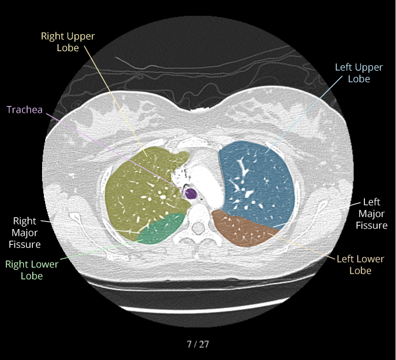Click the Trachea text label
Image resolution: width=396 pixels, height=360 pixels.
tap(25, 110)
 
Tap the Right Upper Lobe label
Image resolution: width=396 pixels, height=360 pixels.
tap(68, 41)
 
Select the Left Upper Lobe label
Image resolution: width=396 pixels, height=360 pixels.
tap(359, 72)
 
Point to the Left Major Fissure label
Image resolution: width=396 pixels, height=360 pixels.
tap(372, 213)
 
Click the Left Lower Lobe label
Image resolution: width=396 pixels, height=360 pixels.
tap(361, 264)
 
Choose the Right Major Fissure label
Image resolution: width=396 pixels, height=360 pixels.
tap(25, 233)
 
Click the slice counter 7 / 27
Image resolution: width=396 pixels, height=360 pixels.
tap(198, 344)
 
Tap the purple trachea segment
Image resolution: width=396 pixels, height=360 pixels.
tap(191, 194)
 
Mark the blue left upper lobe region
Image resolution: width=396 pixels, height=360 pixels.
tap(253, 177)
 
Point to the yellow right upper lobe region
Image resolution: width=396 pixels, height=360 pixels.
tap(140, 189)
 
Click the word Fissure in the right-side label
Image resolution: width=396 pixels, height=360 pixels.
tap(372, 225)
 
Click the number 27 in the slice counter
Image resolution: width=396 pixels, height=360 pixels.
tap(204, 344)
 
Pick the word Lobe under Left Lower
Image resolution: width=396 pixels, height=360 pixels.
tap(361, 270)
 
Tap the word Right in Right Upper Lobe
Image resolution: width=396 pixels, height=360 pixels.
tap(53, 36)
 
